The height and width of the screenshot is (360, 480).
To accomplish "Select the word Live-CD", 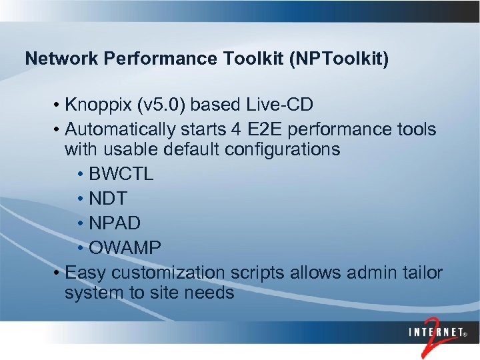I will tap(280, 106).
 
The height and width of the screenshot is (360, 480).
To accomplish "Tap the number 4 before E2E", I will tap(244, 128).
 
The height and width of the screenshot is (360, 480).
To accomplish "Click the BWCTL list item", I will tap(121, 174).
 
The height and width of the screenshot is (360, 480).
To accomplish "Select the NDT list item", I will tap(108, 199).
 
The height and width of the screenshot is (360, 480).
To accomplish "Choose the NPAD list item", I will tap(114, 223).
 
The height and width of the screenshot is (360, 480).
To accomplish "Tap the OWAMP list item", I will tap(125, 248).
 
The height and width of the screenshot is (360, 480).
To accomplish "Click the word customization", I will tap(168, 273).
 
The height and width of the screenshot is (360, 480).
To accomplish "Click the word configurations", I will tap(283, 149).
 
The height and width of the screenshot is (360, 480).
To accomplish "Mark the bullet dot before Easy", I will tap(59, 273).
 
